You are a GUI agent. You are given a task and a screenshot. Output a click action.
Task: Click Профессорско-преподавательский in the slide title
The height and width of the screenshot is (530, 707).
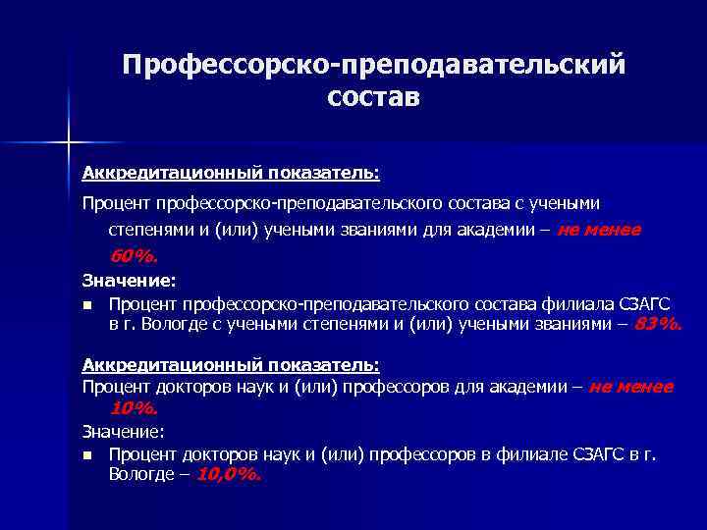point(372,64)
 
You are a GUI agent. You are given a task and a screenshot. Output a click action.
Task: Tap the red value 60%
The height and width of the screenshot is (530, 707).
point(134,257)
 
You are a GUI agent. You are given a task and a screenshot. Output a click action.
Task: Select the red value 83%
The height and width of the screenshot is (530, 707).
point(657,325)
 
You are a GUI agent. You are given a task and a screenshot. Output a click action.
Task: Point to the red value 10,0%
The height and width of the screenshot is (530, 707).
point(230,474)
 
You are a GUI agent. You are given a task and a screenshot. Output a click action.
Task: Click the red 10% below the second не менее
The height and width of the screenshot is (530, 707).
point(134,407)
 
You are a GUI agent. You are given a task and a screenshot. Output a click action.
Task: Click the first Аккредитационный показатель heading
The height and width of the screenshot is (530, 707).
point(230,173)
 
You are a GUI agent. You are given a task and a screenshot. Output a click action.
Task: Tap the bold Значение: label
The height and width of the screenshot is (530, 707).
point(123,280)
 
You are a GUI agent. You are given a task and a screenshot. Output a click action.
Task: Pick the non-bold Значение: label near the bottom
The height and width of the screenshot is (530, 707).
point(123,430)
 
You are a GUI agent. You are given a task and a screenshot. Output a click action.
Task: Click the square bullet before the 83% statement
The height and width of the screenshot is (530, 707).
point(87,303)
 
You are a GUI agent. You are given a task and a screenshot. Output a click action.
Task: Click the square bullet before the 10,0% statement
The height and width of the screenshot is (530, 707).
point(87,454)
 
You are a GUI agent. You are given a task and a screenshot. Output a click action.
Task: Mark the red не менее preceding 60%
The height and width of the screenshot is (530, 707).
point(599,230)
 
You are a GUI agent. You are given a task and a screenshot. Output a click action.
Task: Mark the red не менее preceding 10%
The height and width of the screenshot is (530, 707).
point(630,387)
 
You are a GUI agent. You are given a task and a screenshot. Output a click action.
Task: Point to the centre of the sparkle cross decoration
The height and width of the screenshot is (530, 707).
point(70,141)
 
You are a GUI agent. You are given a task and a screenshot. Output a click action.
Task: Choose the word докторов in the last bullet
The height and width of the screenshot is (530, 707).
point(215,453)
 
